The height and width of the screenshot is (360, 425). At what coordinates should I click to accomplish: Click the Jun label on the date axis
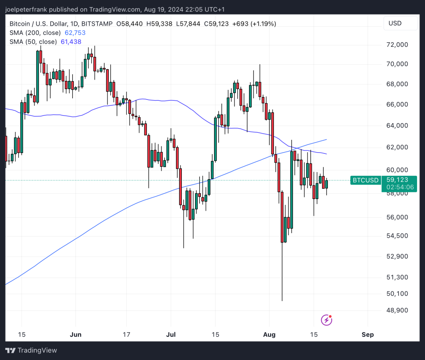[x=76, y=335]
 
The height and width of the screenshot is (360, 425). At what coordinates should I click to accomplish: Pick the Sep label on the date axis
[x=367, y=335]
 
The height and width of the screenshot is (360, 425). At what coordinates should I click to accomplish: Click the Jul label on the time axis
[x=171, y=335]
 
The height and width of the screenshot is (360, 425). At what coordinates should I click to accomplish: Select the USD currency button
[x=395, y=23]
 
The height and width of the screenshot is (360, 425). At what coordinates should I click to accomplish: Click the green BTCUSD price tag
[x=365, y=180]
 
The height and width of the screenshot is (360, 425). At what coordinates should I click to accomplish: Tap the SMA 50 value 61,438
[x=71, y=41]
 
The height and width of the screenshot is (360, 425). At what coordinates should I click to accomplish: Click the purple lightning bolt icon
[x=327, y=320]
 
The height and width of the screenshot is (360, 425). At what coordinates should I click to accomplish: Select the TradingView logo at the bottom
[x=31, y=350]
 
